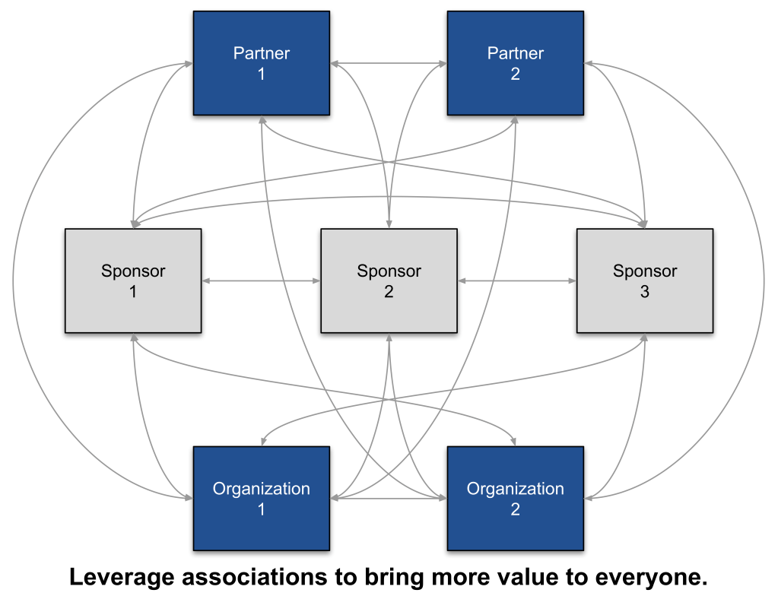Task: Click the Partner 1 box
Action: tap(261, 63)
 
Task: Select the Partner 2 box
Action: tap(515, 63)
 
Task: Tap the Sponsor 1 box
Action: tap(133, 281)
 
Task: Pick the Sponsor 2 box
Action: tap(389, 281)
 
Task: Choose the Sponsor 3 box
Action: tap(644, 281)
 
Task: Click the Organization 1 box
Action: tap(261, 498)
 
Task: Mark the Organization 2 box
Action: tap(515, 498)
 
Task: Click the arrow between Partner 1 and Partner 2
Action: tap(389, 64)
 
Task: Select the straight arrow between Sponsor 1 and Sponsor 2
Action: tap(261, 281)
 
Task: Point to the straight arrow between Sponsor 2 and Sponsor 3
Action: tap(516, 281)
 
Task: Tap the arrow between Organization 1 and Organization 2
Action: tap(389, 499)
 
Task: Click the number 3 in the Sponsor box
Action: tap(644, 291)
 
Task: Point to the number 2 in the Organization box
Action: tap(515, 509)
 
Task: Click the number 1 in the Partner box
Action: tap(261, 74)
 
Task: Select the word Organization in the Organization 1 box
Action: tap(261, 488)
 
